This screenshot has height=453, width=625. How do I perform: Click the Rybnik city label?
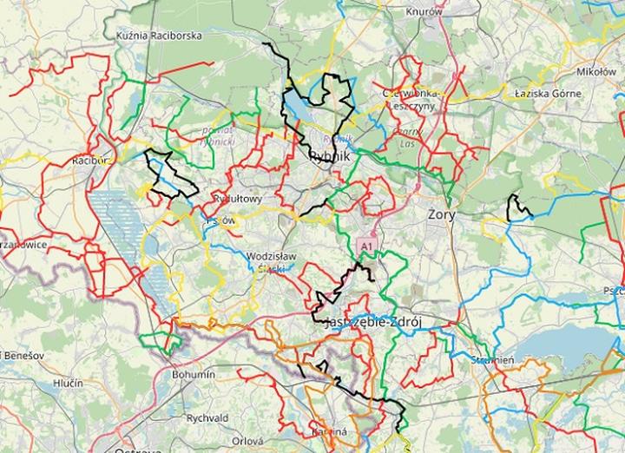(329, 156)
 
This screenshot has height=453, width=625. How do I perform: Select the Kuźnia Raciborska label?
(159, 36)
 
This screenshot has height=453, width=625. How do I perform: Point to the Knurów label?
(424, 11)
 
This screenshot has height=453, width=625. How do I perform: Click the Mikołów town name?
(596, 71)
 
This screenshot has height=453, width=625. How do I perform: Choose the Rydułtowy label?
(237, 199)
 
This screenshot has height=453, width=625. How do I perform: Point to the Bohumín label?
(193, 374)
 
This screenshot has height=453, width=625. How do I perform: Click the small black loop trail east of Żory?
(518, 207)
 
